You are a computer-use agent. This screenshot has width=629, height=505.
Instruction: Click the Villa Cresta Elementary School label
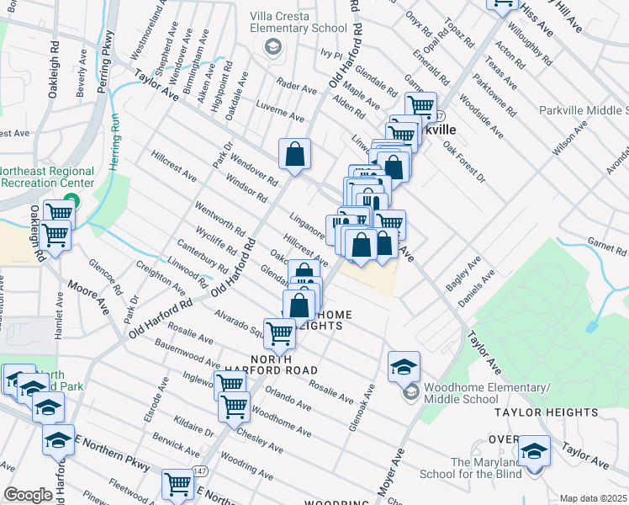299,21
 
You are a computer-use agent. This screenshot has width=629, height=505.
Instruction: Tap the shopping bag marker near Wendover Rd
295,155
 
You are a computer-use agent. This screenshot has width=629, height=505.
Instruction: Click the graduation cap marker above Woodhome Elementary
404,367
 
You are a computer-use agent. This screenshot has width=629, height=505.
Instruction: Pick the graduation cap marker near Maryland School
533,451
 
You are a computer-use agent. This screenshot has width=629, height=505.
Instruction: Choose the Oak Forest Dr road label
463,165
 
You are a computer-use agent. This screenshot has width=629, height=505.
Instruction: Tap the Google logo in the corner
28,495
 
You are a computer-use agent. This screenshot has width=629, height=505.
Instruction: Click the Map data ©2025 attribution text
592,498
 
